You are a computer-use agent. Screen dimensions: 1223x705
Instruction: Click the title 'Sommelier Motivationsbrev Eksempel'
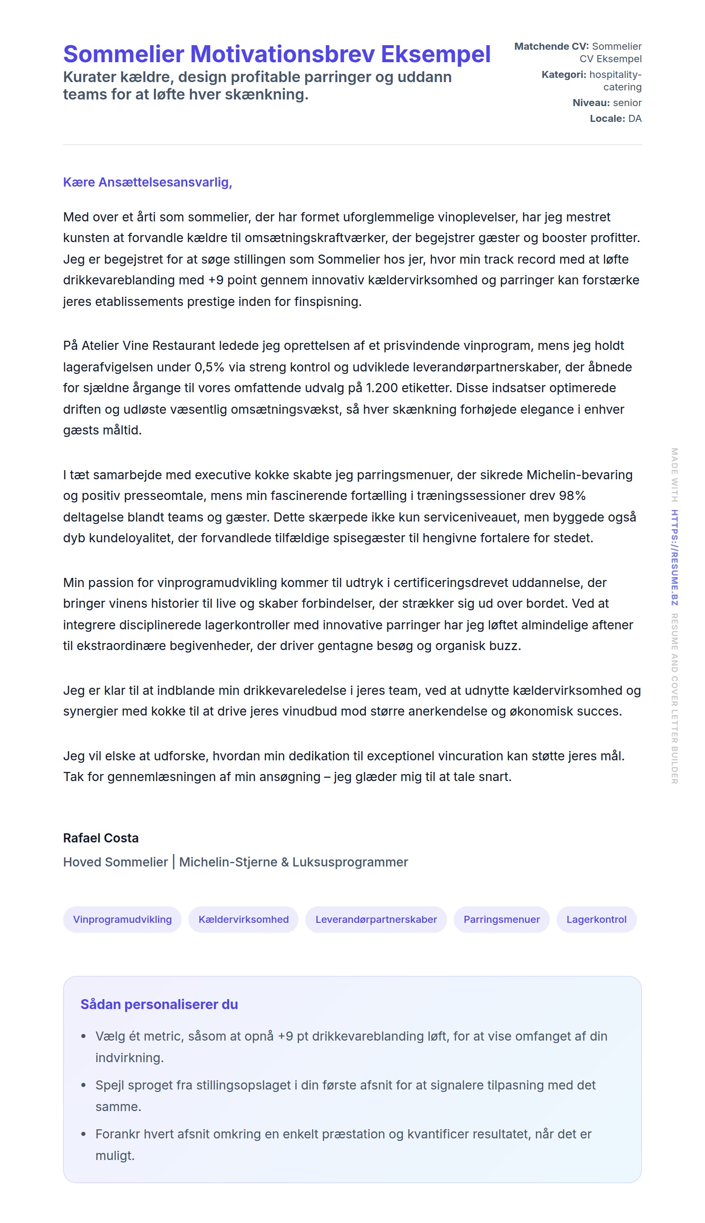277,54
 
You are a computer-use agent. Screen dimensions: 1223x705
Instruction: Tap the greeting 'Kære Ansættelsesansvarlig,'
147,182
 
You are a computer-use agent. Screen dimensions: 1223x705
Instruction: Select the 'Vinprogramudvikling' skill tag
122,919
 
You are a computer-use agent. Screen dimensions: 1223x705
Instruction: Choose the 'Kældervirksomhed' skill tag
243,919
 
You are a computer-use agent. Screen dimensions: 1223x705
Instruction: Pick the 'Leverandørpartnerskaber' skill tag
376,919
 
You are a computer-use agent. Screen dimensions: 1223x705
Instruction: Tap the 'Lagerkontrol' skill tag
596,919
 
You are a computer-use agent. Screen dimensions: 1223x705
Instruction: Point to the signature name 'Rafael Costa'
101,838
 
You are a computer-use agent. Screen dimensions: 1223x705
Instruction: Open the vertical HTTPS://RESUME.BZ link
674,557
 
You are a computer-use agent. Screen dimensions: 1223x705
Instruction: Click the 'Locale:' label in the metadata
607,119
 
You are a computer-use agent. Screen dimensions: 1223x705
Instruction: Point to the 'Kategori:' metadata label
563,75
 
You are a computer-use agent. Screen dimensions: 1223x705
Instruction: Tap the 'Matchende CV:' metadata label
551,46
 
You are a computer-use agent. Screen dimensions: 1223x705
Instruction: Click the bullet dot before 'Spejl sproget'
83,1085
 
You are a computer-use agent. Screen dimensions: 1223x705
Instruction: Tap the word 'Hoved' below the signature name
82,862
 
